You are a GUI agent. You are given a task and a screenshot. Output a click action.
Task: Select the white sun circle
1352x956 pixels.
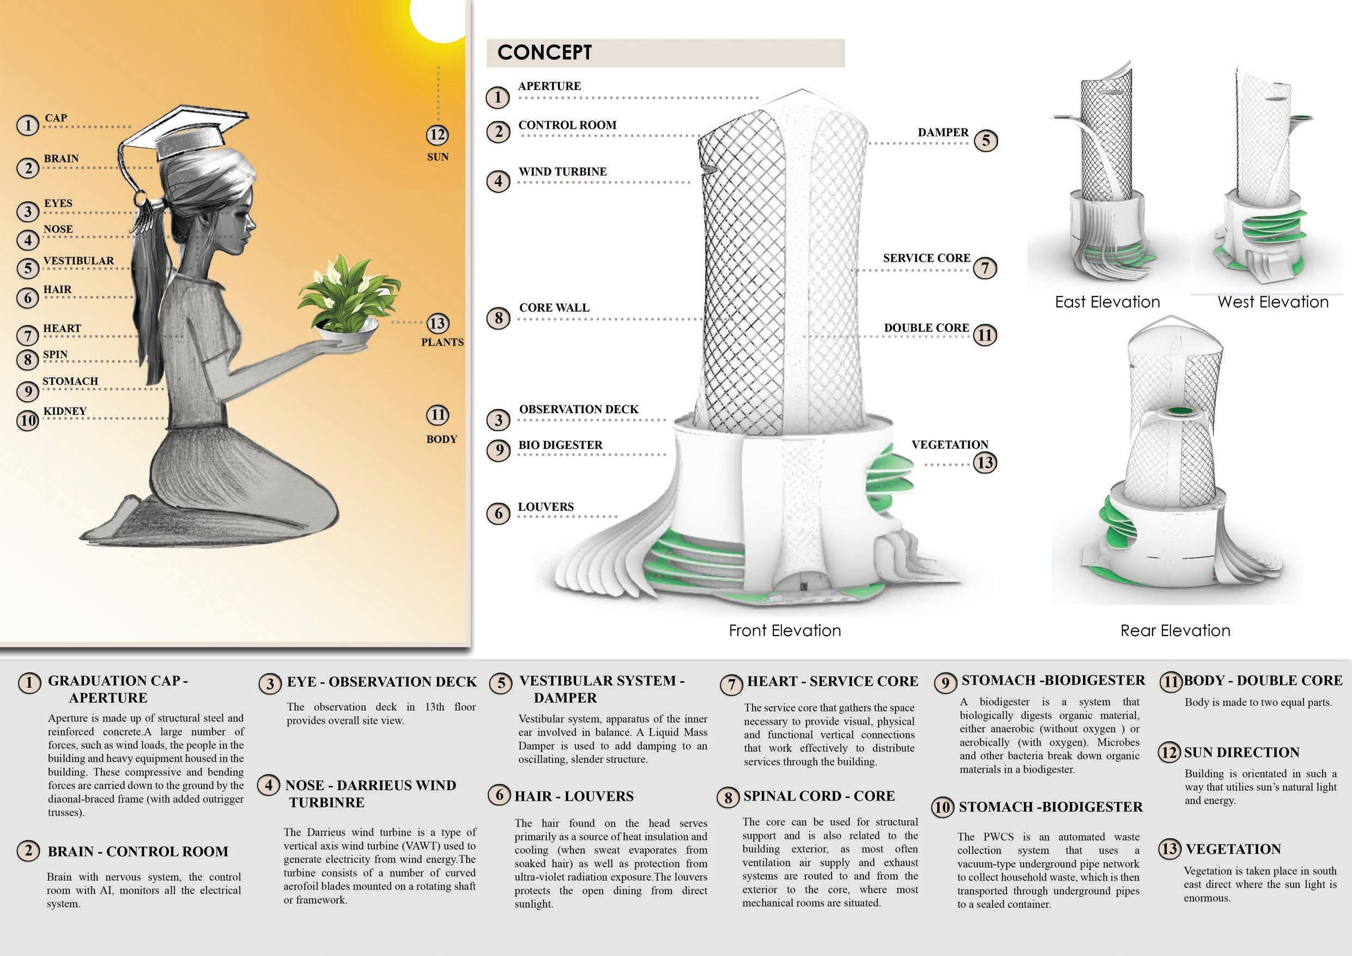[x=438, y=17]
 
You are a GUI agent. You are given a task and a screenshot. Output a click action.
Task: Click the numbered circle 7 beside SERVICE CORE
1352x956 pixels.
[x=985, y=269]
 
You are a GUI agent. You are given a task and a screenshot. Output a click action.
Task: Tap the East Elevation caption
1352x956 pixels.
[x=1107, y=302]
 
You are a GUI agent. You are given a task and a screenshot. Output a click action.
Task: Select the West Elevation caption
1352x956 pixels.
[x=1273, y=302]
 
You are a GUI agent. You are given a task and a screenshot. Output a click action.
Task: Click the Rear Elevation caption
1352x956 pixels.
[x=1175, y=631]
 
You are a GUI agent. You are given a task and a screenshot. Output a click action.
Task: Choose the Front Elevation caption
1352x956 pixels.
[x=785, y=631]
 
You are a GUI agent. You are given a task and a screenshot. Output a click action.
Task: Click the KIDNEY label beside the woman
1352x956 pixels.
[x=65, y=411]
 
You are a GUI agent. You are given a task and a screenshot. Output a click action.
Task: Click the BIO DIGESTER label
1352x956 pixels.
[x=560, y=445]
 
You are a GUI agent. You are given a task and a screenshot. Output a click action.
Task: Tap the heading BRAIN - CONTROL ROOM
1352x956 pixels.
[x=138, y=852]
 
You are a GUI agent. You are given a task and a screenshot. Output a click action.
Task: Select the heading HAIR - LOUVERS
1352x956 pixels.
[x=574, y=796]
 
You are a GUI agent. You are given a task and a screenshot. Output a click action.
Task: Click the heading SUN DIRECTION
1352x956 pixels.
[x=1241, y=753]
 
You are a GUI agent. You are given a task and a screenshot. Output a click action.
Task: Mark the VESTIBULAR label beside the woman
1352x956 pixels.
[x=78, y=261]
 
